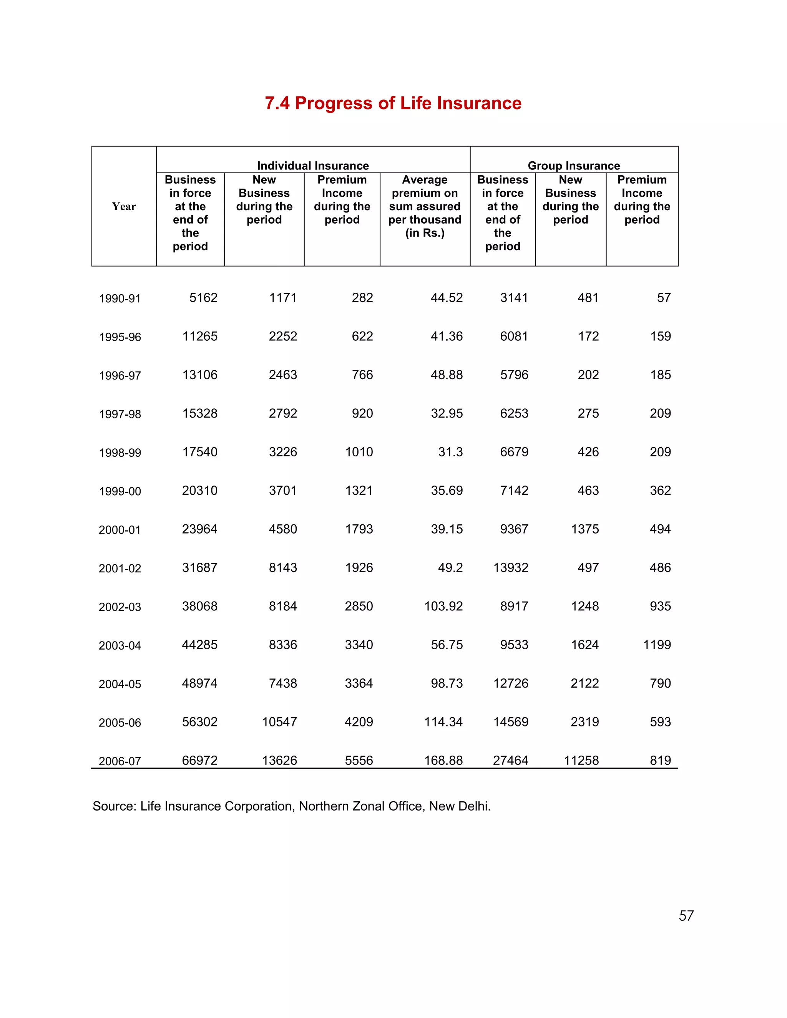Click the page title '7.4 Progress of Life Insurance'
pyautogui.click(x=393, y=103)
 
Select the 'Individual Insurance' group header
pyautogui.click(x=313, y=166)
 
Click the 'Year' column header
pyautogui.click(x=124, y=207)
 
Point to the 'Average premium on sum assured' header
pyautogui.click(x=425, y=206)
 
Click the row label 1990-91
pyautogui.click(x=120, y=298)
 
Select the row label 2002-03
pyautogui.click(x=120, y=607)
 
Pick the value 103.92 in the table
pyautogui.click(x=443, y=606)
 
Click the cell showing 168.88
pyautogui.click(x=443, y=760)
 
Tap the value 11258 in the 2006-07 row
pyautogui.click(x=581, y=760)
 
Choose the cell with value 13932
pyautogui.click(x=511, y=567)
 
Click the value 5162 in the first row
pyautogui.click(x=203, y=297)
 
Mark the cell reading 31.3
pyautogui.click(x=450, y=452)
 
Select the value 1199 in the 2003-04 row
pyautogui.click(x=656, y=645)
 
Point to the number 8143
pyautogui.click(x=282, y=567)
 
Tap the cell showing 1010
pyautogui.click(x=359, y=452)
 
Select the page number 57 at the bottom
pyautogui.click(x=686, y=915)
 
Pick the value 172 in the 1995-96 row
pyautogui.click(x=588, y=336)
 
